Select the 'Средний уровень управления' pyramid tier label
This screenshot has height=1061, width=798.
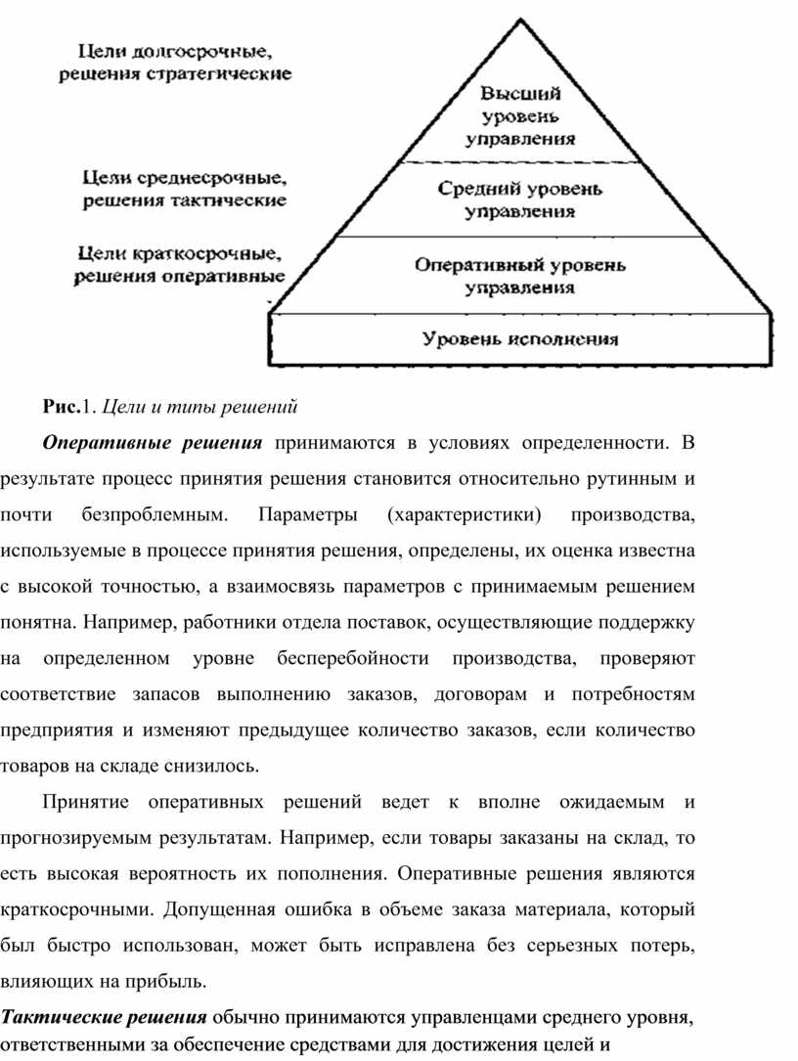coord(519,199)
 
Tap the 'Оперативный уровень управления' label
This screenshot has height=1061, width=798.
coord(519,276)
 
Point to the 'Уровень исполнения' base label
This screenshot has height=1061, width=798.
coord(520,339)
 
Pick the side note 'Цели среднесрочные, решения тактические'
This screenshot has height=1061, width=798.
coord(183,190)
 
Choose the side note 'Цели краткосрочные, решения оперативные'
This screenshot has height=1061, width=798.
coord(180,265)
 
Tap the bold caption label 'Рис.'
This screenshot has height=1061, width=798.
coord(61,404)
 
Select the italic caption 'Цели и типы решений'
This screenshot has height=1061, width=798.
coord(199,404)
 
